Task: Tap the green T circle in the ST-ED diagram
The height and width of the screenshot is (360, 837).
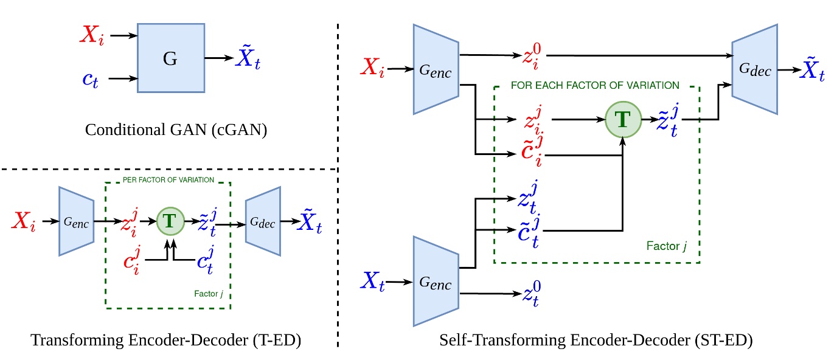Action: click(x=622, y=120)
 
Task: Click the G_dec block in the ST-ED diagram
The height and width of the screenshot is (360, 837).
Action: click(x=754, y=69)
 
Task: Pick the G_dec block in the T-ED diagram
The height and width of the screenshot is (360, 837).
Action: click(x=263, y=221)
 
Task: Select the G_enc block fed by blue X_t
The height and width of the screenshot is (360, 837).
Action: click(x=436, y=281)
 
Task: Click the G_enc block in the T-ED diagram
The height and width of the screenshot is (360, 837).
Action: click(x=76, y=221)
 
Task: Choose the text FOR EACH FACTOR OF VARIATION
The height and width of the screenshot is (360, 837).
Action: click(x=595, y=85)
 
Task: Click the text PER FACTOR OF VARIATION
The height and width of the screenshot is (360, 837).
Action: click(x=167, y=180)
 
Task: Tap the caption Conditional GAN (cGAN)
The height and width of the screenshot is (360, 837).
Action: click(x=176, y=130)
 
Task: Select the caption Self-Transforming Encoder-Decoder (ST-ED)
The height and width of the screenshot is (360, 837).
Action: click(x=596, y=341)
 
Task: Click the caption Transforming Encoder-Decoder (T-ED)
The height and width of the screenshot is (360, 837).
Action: click(x=167, y=341)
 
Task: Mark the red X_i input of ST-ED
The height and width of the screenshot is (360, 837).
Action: click(x=372, y=69)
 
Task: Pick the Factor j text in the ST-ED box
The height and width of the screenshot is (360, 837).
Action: click(x=667, y=246)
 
